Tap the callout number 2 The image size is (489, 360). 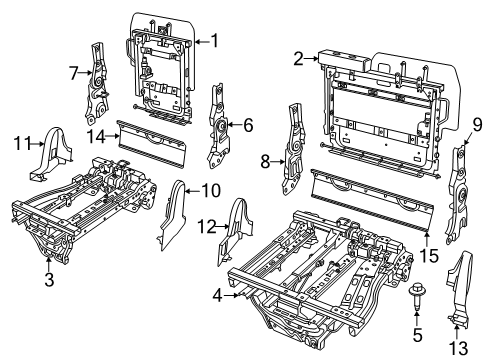pyautogui.click(x=299, y=59)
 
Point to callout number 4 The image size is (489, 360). pyautogui.click(x=218, y=295)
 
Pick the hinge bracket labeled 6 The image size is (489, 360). pyautogui.click(x=217, y=127)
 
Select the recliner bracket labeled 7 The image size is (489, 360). pyautogui.click(x=98, y=80)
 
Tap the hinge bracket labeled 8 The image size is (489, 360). pyautogui.click(x=296, y=143)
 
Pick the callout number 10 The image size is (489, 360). pyautogui.click(x=211, y=190)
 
